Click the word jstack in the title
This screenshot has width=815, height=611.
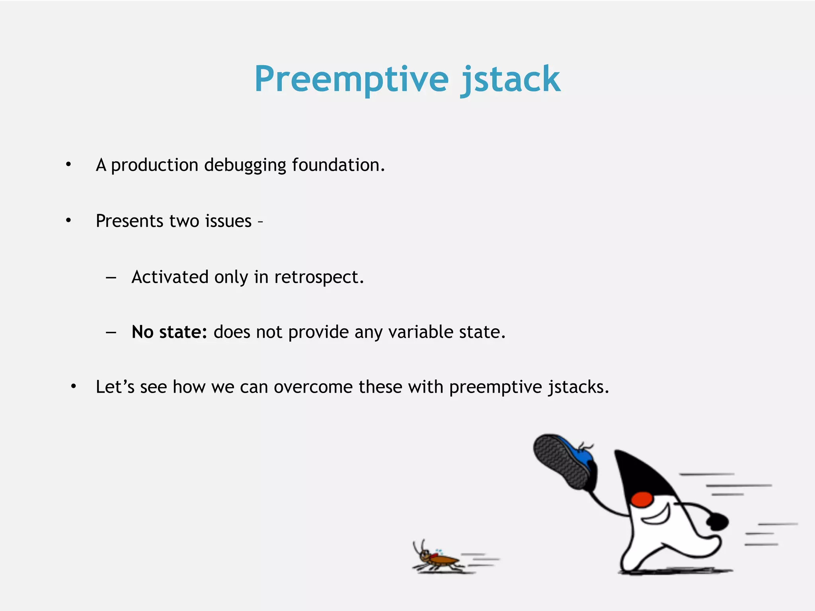coord(510,80)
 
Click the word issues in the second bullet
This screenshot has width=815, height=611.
coord(228,221)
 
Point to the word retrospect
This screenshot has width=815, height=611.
coord(318,277)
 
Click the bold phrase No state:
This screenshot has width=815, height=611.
coord(169,332)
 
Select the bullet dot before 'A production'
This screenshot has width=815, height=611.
coord(68,164)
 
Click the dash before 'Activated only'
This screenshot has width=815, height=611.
coord(111,277)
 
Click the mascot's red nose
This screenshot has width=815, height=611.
coord(642,499)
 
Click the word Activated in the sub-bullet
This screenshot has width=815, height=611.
coord(170,277)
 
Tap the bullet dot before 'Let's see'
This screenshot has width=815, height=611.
coord(73,386)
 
